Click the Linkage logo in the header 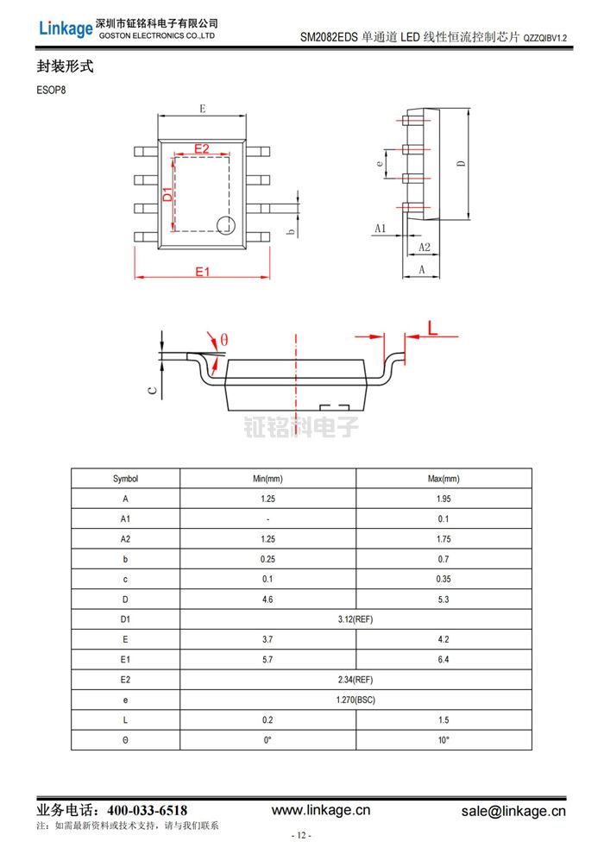coord(65,28)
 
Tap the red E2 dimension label coord(201,148)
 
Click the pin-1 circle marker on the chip coord(225,226)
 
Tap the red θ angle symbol coord(223,340)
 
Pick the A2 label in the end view coord(425,247)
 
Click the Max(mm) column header coord(444,479)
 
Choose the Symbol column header coord(125,479)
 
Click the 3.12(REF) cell coord(355,619)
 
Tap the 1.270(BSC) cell coord(355,700)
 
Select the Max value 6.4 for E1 coord(444,659)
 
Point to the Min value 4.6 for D coord(267,599)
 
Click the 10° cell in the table coord(444,740)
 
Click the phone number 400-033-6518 coord(147,811)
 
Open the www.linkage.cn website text coord(321,810)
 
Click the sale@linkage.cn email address coord(513,811)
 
